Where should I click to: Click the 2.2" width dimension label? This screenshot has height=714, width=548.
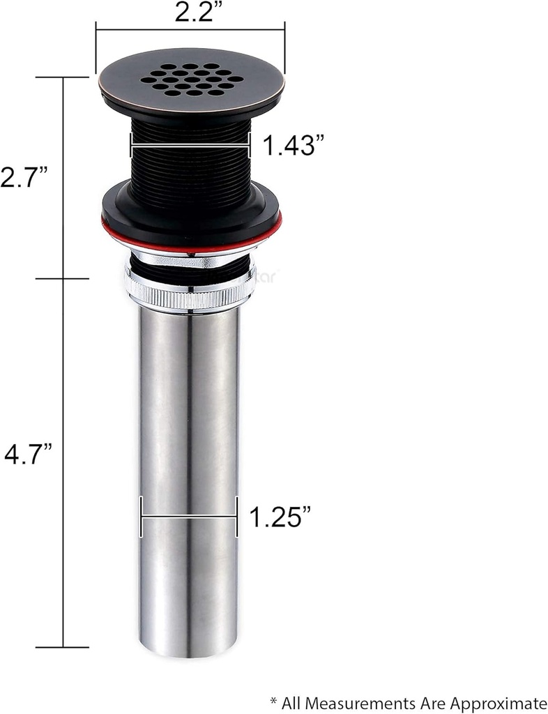[x=190, y=13]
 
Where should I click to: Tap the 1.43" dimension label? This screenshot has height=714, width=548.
[x=293, y=146]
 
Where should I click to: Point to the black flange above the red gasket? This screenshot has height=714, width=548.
[x=190, y=206]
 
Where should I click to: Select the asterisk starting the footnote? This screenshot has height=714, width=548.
[x=274, y=700]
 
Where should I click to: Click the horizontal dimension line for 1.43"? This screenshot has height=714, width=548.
[x=190, y=146]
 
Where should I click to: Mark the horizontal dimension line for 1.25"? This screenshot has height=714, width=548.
[x=189, y=517]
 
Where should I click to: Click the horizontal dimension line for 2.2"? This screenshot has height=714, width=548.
[x=190, y=29]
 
